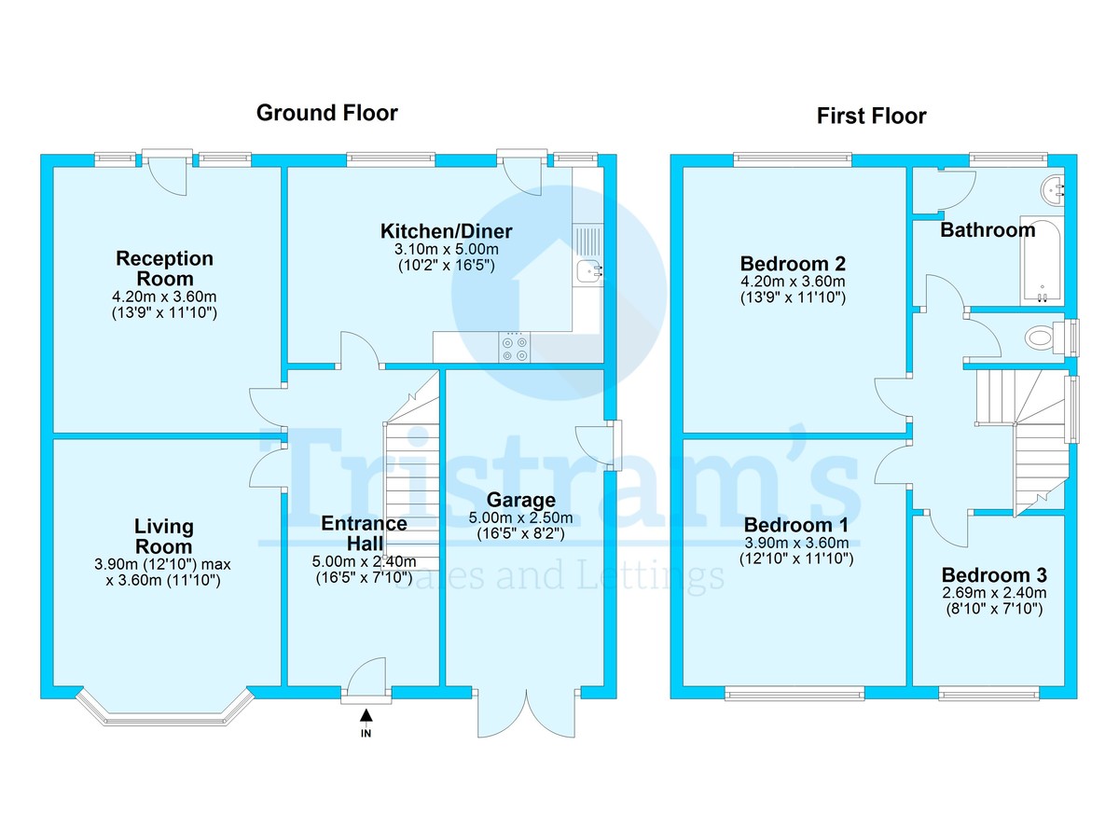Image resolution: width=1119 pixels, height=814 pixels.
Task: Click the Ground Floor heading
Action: tap(326, 113)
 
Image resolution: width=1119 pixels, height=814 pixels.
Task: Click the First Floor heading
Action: tap(871, 116)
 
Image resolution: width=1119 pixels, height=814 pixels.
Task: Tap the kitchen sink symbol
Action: tap(588, 271)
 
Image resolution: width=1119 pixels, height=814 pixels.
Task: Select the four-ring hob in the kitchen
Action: tap(514, 347)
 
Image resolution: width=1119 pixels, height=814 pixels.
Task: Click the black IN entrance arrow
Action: tap(366, 716)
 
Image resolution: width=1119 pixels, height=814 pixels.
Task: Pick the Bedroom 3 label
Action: tap(993, 574)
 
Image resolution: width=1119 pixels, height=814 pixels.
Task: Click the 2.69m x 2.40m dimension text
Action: tap(993, 592)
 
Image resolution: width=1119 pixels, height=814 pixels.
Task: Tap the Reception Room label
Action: tap(164, 269)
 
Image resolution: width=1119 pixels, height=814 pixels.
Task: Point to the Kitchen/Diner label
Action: tap(446, 231)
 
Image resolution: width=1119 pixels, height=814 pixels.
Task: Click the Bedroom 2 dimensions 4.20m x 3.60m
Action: tap(793, 282)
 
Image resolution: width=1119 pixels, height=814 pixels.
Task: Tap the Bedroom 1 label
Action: tap(795, 525)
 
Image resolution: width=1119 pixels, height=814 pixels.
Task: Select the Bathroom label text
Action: tap(987, 229)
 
